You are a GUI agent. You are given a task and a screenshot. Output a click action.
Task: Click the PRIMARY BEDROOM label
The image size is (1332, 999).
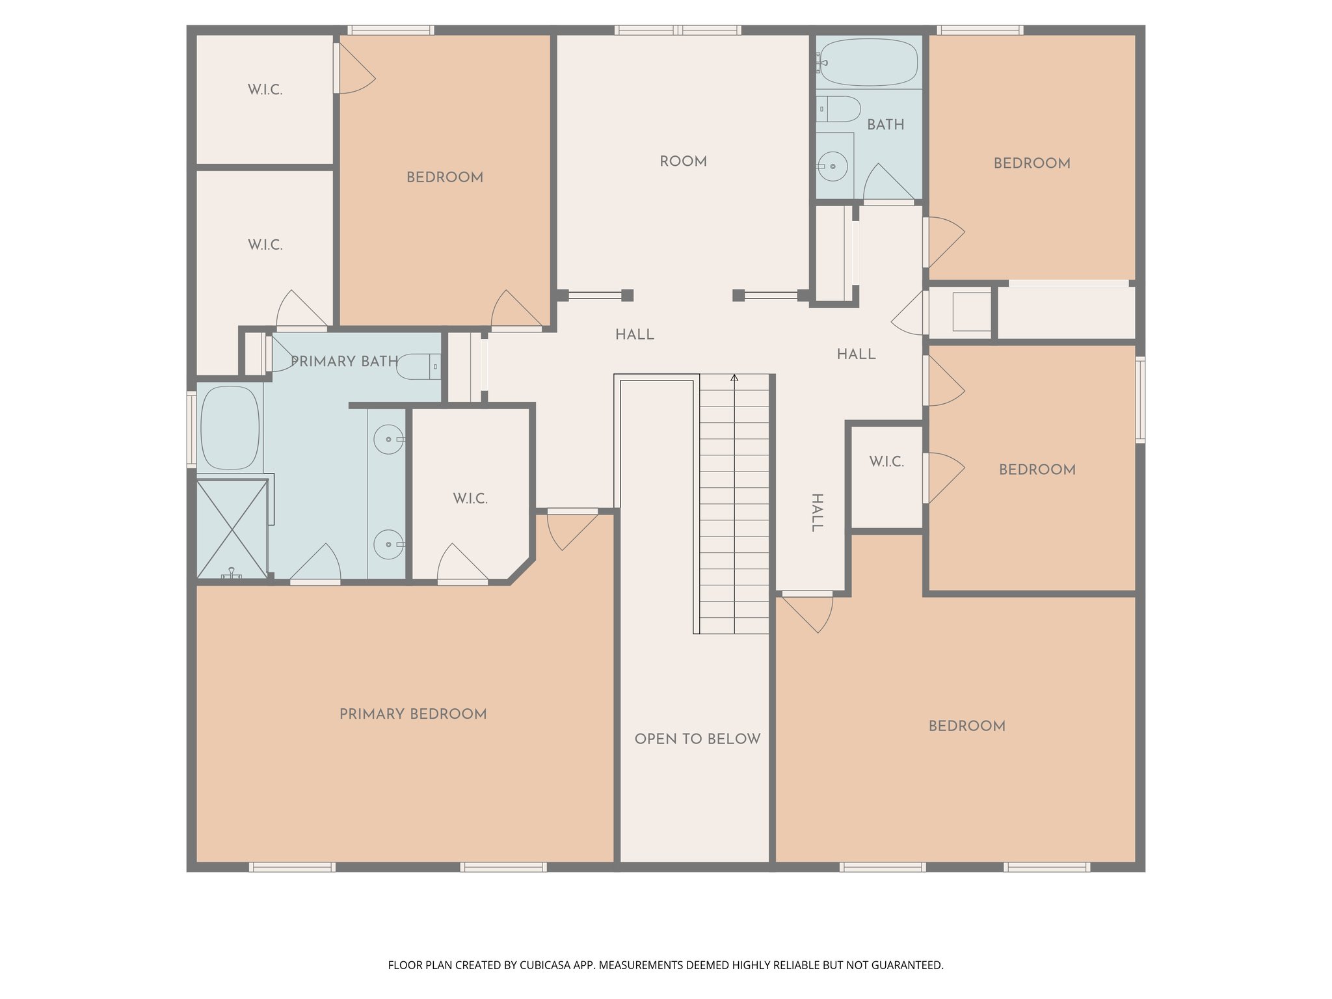pos(413,714)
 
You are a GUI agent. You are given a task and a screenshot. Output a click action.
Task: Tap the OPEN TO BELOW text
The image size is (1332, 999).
pos(697,739)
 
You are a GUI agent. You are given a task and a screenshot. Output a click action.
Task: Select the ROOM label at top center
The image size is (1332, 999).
pos(683,161)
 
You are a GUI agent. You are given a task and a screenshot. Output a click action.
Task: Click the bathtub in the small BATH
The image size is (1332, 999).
pos(868,62)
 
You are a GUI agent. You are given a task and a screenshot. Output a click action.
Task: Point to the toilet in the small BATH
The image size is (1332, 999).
pos(839,109)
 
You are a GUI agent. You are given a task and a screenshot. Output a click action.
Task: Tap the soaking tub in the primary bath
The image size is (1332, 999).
pos(230,427)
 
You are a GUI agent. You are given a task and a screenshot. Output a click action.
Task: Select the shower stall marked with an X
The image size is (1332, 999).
pos(232,529)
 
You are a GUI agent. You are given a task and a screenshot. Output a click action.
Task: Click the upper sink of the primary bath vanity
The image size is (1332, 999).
pos(389,440)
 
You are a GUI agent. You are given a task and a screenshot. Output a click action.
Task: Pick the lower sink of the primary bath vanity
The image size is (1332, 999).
pos(389,544)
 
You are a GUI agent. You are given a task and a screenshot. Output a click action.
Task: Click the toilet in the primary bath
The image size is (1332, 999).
pos(418,367)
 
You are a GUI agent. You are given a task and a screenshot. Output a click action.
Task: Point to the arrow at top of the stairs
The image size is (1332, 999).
pos(734,378)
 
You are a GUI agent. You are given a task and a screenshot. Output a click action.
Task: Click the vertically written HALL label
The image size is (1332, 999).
pos(817,513)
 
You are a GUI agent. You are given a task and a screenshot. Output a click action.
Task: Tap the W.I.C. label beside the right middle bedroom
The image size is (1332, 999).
pos(886,462)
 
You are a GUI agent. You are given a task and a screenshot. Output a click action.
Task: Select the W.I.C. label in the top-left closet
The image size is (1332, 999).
pos(265,90)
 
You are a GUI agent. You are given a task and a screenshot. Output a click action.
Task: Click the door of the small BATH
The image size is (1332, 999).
pos(887,183)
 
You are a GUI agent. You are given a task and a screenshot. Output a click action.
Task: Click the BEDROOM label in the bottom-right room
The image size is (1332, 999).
pos(966,726)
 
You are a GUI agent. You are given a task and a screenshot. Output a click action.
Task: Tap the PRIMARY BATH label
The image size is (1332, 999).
pos(344,362)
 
